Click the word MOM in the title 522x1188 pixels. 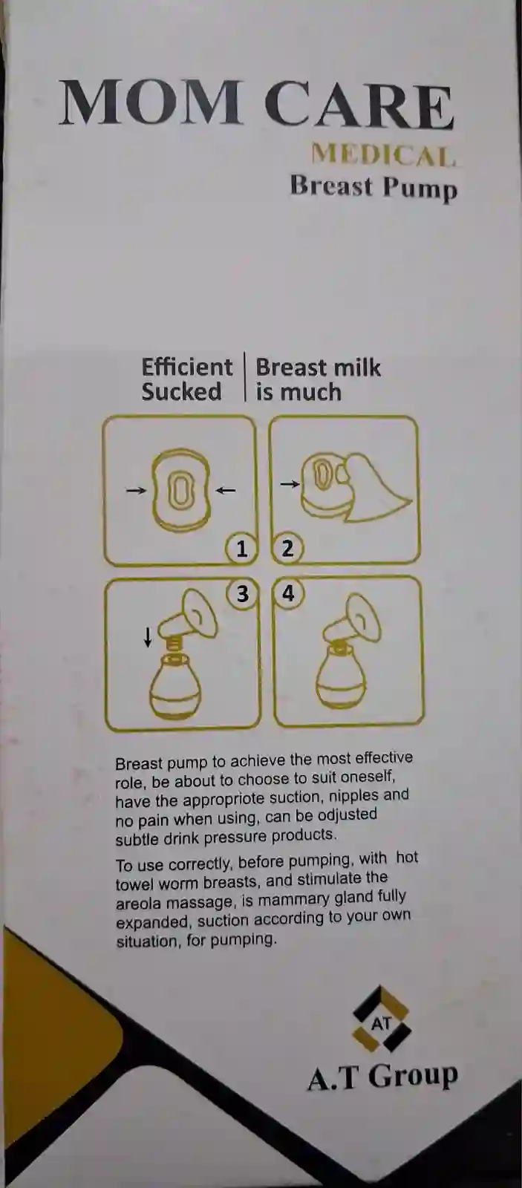pos(150,103)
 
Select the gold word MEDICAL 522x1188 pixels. pos(383,155)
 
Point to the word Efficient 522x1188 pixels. pos(187,367)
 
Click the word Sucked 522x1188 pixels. pos(181,391)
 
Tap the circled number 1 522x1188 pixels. pos(241,549)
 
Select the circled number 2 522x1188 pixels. pos(287,549)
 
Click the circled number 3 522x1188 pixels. pos(242,594)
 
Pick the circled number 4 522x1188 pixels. pos(288,593)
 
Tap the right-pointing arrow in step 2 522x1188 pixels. pos(290,483)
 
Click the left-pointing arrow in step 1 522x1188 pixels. pos(226,491)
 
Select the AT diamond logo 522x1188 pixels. pos(382,1019)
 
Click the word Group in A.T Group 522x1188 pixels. pos(413,1077)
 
